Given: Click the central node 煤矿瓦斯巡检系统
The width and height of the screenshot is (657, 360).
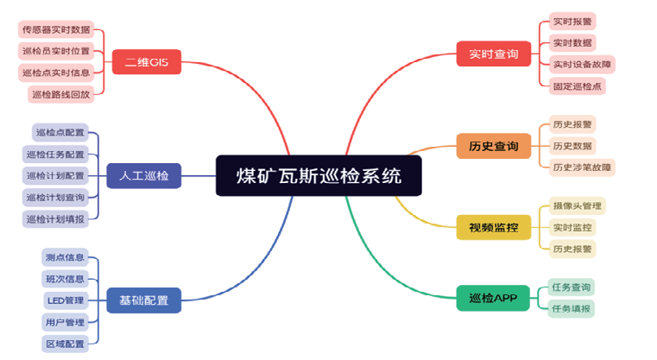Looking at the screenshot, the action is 319,175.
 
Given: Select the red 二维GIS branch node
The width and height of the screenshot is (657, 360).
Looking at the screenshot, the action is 147,62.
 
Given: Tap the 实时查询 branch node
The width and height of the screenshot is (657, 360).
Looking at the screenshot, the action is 494,54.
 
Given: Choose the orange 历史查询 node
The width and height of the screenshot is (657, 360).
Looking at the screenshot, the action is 494,146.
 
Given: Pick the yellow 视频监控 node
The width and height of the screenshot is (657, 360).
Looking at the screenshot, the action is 494,227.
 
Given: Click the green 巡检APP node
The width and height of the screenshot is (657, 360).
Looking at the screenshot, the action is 493,298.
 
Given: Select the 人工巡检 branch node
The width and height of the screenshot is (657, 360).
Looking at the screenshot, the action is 143,175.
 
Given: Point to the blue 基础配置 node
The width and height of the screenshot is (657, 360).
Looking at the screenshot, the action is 143,300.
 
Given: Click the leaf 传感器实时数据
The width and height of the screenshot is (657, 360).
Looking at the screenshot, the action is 56,29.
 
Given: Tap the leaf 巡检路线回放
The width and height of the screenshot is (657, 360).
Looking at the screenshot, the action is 60,94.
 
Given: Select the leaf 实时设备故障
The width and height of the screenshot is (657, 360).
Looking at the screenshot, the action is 582,64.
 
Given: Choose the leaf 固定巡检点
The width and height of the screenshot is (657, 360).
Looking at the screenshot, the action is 578,86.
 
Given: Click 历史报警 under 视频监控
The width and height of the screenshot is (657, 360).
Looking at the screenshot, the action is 572,249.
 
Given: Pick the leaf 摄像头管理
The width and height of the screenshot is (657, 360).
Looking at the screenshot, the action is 578,205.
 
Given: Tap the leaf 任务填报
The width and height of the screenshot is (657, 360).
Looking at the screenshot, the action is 572,308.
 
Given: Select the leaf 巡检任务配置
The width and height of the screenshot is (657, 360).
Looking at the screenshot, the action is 55,155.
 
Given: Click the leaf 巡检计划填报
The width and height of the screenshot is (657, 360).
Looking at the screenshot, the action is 55,218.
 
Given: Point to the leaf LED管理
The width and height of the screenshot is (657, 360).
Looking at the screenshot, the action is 66,300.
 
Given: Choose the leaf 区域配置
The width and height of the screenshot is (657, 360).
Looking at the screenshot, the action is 65,344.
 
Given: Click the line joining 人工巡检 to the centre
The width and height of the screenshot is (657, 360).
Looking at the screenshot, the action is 199,175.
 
